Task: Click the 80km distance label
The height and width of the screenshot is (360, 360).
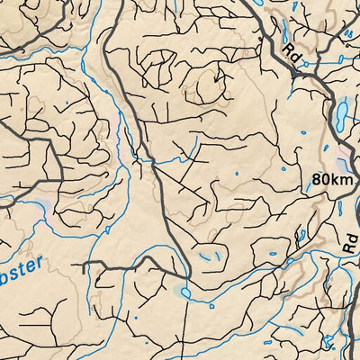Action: click(333, 179)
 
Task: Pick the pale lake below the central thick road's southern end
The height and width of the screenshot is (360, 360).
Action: click(184, 292)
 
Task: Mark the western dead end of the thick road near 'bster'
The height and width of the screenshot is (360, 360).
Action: click(82, 266)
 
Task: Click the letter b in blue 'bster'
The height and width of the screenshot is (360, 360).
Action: click(5, 266)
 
